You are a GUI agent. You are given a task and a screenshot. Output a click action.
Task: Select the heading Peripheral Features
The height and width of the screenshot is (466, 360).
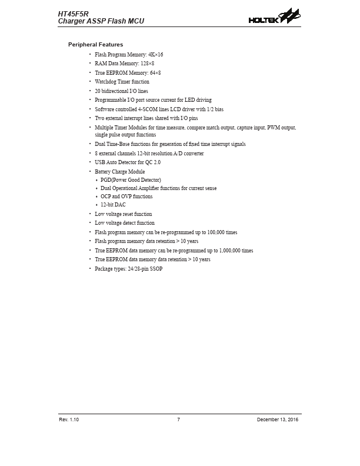click(x=95, y=45)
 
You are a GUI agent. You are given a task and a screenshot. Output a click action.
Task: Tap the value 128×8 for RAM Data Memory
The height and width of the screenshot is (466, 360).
click(x=147, y=64)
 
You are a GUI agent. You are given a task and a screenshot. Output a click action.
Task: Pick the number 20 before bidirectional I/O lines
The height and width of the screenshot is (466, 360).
click(x=98, y=91)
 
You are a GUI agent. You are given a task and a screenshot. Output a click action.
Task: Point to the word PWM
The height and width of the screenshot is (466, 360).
click(x=273, y=127)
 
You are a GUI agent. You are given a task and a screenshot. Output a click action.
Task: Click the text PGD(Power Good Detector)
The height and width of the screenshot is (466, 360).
click(x=131, y=179)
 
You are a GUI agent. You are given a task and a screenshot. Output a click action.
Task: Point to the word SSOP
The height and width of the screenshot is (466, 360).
click(x=155, y=269)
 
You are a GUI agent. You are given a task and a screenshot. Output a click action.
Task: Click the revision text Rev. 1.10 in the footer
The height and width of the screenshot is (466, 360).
click(x=69, y=420)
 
